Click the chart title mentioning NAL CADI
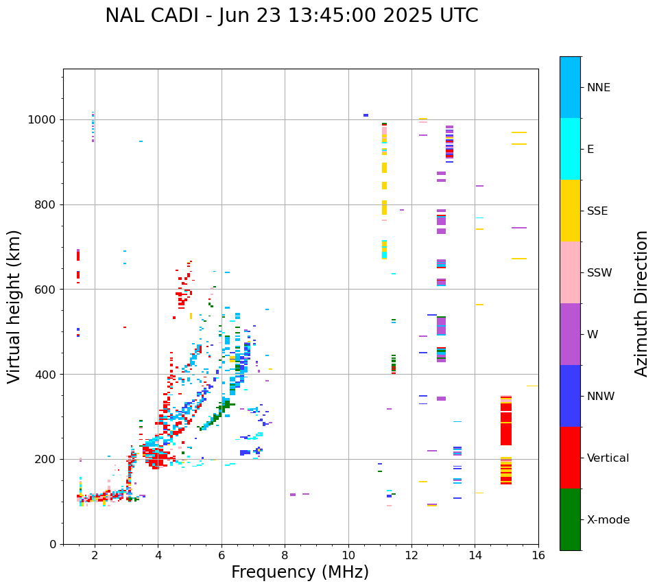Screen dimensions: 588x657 291,16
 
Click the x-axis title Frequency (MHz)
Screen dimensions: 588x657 300,572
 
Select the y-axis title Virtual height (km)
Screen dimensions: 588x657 14,306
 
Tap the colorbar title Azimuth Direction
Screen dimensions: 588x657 641,303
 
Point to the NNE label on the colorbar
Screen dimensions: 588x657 598,88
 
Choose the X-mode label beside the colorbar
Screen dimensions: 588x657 608,520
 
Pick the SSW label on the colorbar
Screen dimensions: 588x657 599,273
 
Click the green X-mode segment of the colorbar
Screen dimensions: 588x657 570,519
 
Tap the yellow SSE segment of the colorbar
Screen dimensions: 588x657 570,211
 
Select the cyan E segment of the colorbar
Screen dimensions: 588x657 570,149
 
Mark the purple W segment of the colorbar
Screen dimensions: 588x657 570,334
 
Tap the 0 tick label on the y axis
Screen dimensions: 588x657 53,544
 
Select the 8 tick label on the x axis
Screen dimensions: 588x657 285,555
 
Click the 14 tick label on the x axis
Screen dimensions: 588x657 475,555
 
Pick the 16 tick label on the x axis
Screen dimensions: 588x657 538,555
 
